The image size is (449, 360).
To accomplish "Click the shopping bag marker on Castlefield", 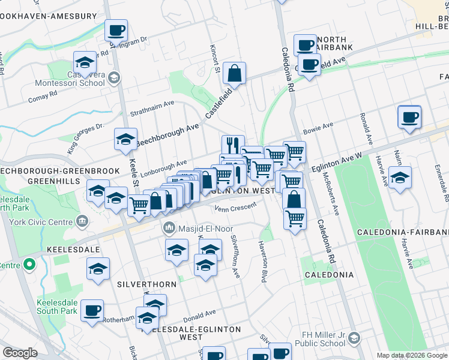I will click(235, 73).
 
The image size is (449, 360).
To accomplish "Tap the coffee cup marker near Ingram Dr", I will click(116, 29).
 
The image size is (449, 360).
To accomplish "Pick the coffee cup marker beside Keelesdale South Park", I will click(92, 310).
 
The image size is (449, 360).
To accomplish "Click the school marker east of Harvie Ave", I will click(400, 177).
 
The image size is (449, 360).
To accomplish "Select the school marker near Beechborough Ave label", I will click(126, 139).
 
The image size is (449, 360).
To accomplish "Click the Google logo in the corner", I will click(20, 353).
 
